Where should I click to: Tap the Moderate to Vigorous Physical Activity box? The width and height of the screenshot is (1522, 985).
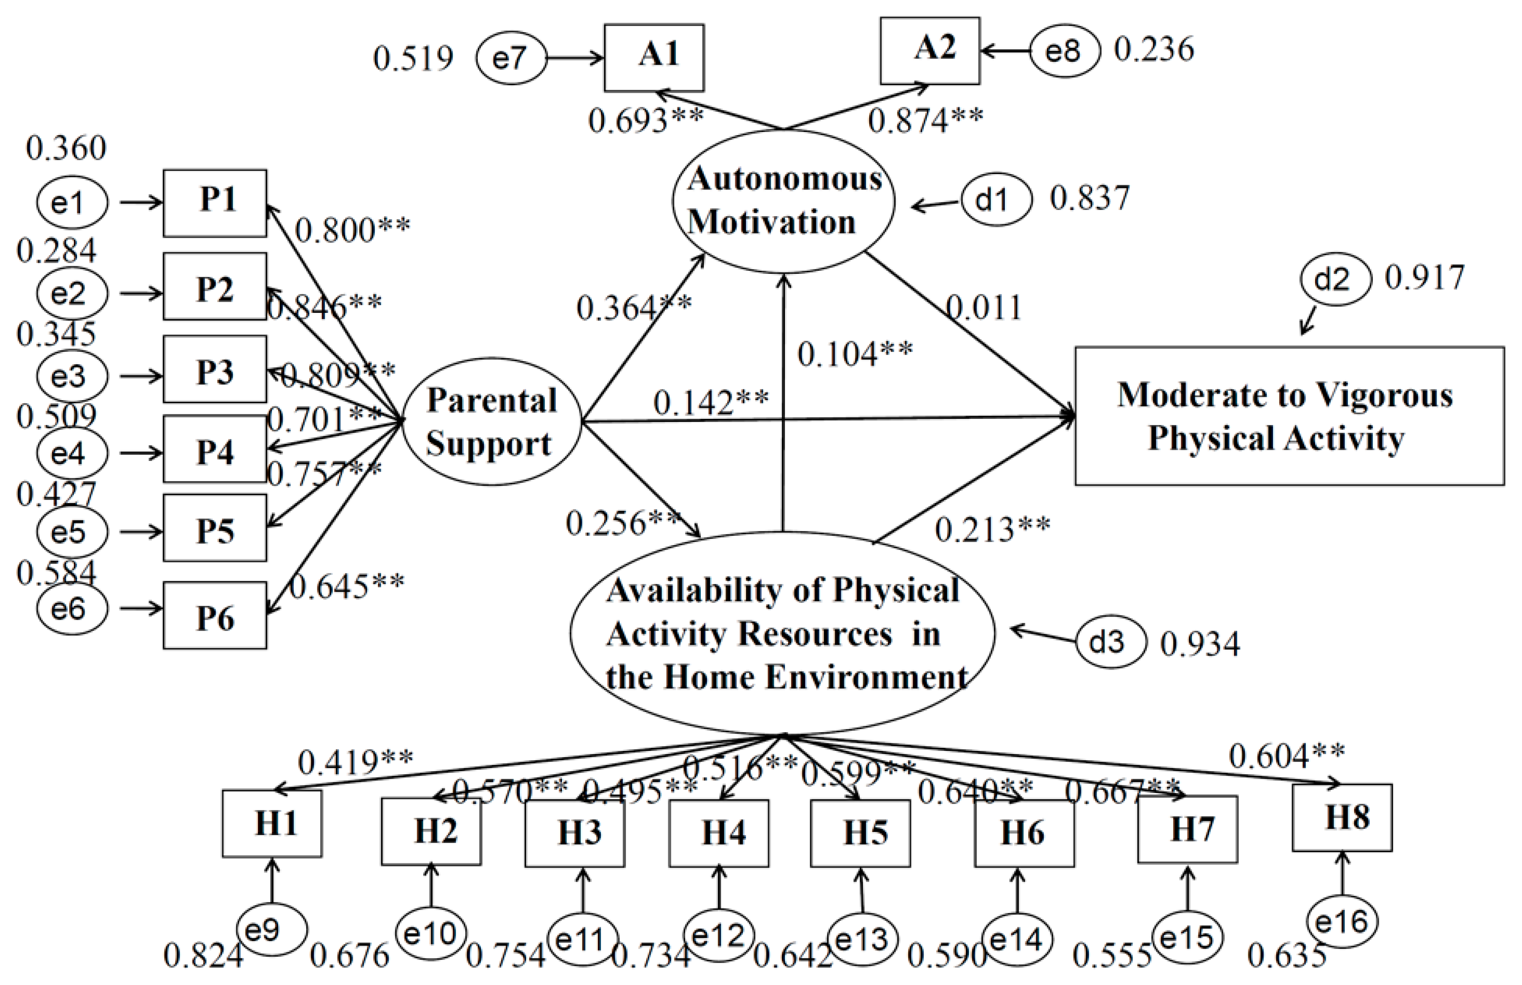point(1289,416)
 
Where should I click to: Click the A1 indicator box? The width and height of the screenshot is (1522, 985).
point(654,58)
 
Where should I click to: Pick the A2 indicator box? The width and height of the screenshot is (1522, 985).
point(930,51)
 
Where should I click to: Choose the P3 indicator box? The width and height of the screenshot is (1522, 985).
point(215,370)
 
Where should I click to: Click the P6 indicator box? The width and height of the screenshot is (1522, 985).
point(215,615)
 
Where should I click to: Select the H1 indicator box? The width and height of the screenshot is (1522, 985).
point(272,823)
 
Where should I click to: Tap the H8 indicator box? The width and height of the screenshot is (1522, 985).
point(1342,818)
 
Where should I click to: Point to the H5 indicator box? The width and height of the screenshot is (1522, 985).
point(860,833)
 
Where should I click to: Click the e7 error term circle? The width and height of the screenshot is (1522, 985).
point(511,59)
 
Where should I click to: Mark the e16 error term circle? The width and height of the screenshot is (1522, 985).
point(1341,921)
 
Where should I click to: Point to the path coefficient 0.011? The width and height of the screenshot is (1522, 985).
point(983,308)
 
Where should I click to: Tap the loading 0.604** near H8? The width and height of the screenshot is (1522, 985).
point(1286,756)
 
